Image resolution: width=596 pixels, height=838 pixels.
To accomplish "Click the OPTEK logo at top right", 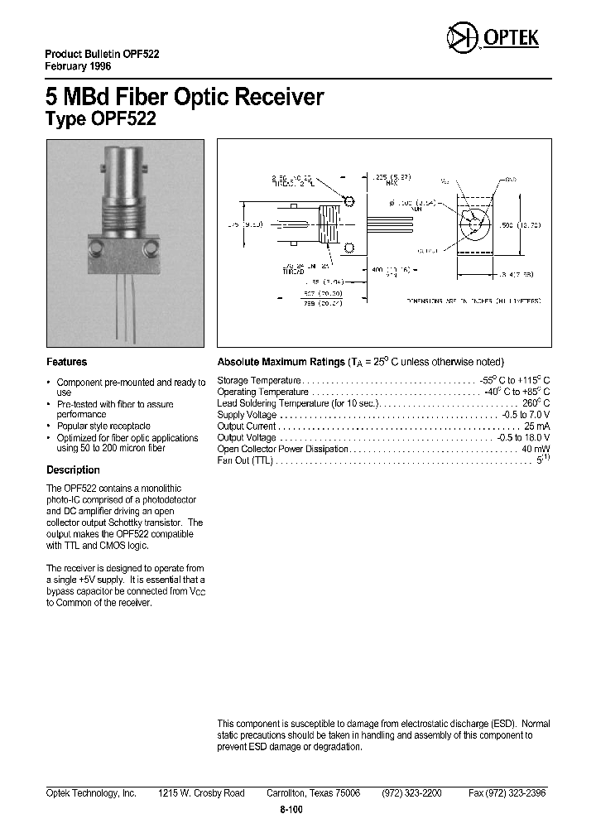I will point(492,37).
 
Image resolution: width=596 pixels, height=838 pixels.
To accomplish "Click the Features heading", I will point(66,362).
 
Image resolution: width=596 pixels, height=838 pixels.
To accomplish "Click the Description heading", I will point(73,470).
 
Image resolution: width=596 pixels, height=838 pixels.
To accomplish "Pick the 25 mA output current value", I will point(536,426).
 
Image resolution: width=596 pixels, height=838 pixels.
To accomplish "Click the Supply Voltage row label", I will point(247,414).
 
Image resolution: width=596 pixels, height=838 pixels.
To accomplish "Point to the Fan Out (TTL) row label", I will point(244,460).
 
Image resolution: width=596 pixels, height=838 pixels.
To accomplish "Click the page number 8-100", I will point(291,811).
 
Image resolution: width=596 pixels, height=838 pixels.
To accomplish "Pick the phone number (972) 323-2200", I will point(411,792).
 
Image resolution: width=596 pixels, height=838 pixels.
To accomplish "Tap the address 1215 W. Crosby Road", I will point(201,792).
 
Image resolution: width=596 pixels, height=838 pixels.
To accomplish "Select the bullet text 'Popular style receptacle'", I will point(103,426).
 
